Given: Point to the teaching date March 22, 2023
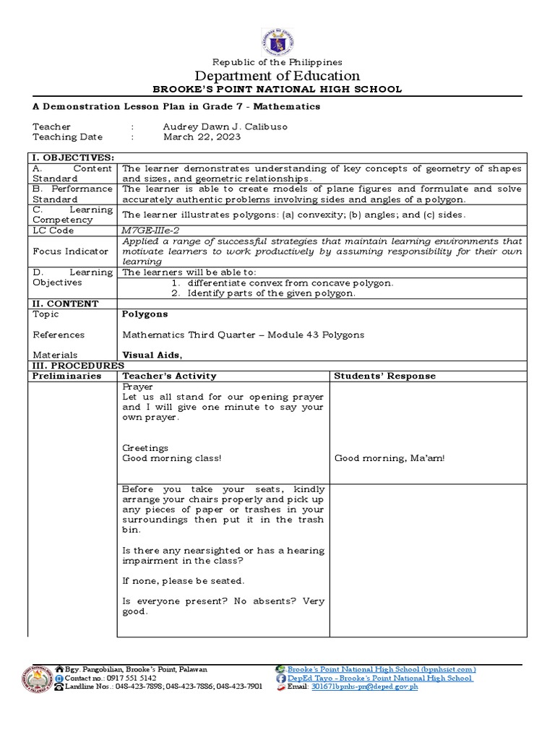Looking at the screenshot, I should pyautogui.click(x=202, y=137).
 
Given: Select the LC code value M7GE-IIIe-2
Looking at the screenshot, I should pyautogui.click(x=150, y=231).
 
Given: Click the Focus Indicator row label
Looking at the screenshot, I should pyautogui.click(x=69, y=251).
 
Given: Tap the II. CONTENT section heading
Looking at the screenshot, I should pyautogui.click(x=64, y=304).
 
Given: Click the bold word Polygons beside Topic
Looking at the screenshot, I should pyautogui.click(x=145, y=314).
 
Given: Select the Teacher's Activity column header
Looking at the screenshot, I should pyautogui.click(x=169, y=376).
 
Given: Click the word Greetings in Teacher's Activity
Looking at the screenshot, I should pyautogui.click(x=145, y=448).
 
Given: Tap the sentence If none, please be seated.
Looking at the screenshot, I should pyautogui.click(x=184, y=580).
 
